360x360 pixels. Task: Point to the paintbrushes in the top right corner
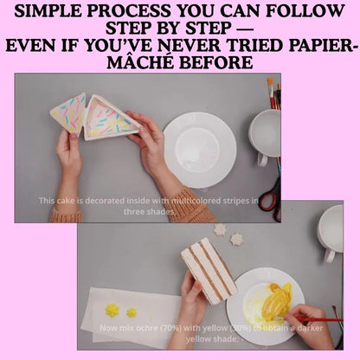coord(273,92)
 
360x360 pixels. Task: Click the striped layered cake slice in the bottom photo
coord(207,269)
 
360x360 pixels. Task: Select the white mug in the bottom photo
coord(331,232)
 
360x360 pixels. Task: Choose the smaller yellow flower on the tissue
coord(132,312)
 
